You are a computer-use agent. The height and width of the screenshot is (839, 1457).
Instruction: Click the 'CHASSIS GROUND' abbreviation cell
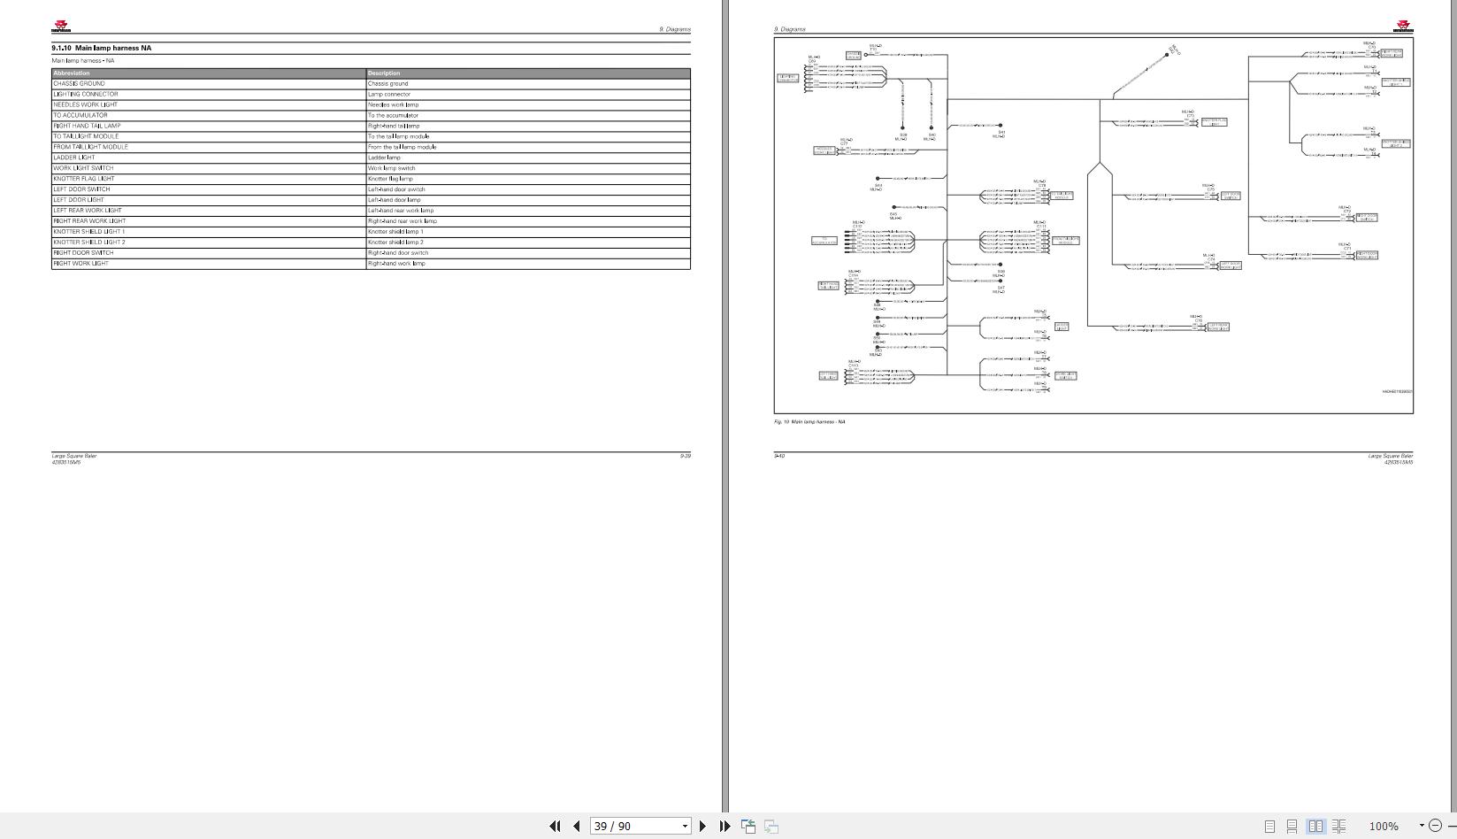[x=79, y=83]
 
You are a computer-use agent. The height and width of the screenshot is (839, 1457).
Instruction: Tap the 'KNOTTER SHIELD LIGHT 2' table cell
[x=89, y=242]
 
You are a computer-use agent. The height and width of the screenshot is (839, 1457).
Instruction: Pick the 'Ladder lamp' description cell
[x=384, y=158]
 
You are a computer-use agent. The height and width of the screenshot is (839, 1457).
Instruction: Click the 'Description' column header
[x=384, y=73]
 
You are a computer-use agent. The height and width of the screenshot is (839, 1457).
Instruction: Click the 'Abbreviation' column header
[x=72, y=73]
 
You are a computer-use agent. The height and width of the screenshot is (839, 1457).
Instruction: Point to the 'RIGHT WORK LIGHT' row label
[x=81, y=263]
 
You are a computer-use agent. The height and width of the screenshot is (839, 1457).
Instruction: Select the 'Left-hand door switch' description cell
[x=396, y=189]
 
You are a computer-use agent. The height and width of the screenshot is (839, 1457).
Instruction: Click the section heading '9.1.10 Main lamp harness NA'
[x=101, y=48]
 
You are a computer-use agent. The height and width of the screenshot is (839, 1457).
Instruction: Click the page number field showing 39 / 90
[x=635, y=826]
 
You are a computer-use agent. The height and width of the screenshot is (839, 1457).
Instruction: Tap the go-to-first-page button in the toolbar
[x=555, y=826]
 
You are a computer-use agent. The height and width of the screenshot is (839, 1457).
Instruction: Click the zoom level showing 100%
[x=1384, y=826]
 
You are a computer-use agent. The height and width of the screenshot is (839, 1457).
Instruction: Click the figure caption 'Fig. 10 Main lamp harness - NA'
[x=809, y=422]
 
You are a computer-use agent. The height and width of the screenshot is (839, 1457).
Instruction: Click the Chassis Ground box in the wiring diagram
[x=853, y=55]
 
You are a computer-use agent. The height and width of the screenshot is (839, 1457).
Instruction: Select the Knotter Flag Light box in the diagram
[x=1214, y=122]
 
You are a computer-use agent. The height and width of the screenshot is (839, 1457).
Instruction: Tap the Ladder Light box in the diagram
[x=1061, y=327]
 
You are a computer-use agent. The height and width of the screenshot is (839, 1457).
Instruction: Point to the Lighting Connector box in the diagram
[x=787, y=79]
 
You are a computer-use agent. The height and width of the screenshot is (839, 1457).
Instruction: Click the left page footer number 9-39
[x=685, y=456]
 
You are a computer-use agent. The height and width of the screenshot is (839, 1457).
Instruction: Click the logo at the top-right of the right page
[x=1404, y=26]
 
